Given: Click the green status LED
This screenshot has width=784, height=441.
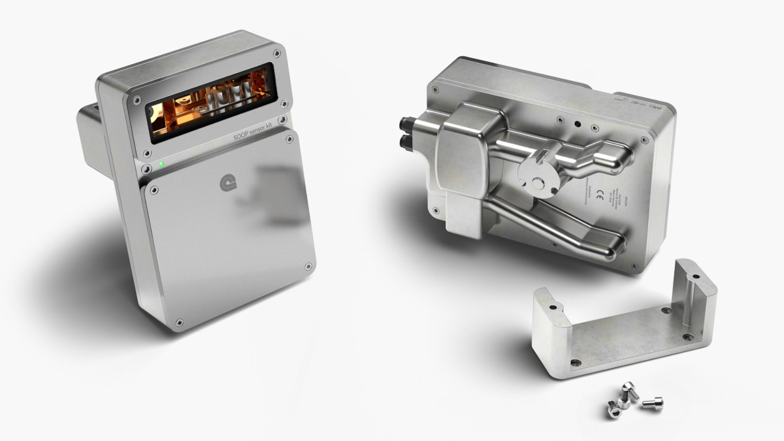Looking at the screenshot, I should (161, 165).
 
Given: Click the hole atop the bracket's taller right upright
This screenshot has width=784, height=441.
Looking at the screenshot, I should (696, 277).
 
